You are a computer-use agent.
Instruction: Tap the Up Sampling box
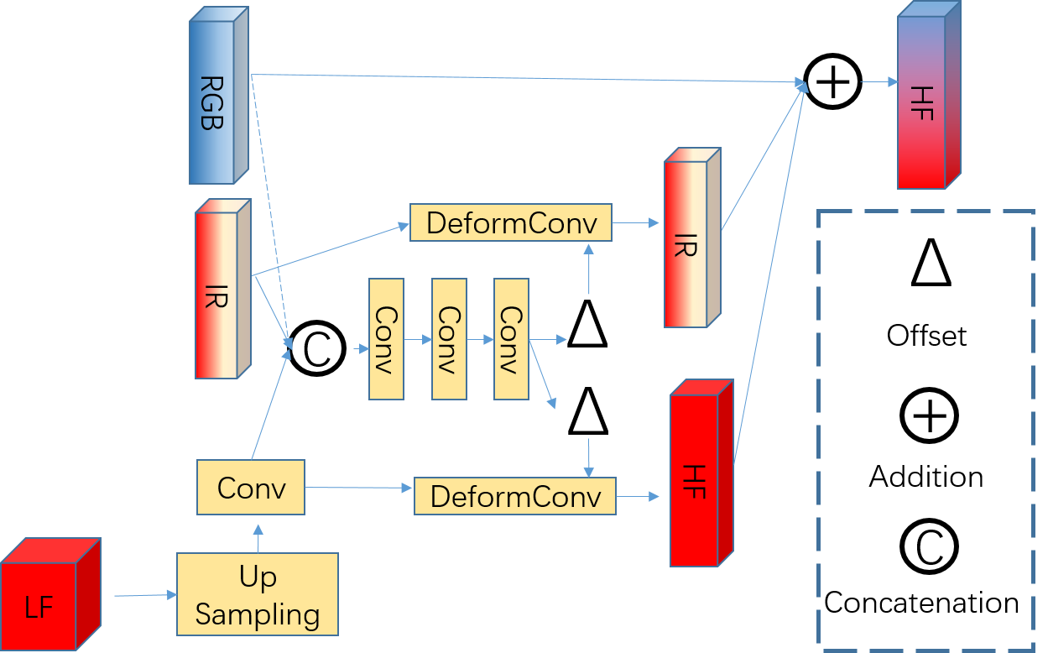point(257,594)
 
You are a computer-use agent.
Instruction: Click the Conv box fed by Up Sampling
point(250,487)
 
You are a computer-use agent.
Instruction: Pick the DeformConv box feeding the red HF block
point(514,496)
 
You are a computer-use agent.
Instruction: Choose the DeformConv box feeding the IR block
point(511,222)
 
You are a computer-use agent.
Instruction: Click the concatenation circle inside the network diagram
point(317,349)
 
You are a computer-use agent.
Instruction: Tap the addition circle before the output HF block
point(832,82)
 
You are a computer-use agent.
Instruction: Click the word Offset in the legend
point(926,336)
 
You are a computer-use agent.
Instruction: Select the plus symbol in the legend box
point(929,415)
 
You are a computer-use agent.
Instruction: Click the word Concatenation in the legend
point(921,603)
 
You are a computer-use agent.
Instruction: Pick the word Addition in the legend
point(926,477)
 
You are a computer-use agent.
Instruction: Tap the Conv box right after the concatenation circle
point(386,339)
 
